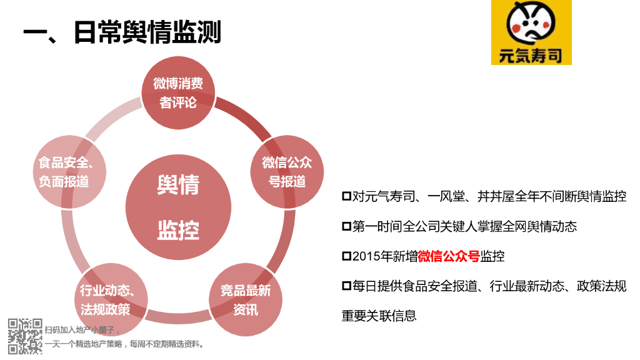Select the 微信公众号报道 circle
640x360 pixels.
point(287,172)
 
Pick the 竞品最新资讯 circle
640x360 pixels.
point(246,300)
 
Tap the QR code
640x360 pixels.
point(25,336)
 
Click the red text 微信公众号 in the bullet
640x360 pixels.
point(449,256)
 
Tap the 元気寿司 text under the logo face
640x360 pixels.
point(531,55)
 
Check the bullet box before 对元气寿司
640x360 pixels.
point(346,196)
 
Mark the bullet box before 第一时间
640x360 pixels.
point(346,226)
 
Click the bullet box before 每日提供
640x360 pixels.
point(346,286)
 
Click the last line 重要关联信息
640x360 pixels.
point(379,316)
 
